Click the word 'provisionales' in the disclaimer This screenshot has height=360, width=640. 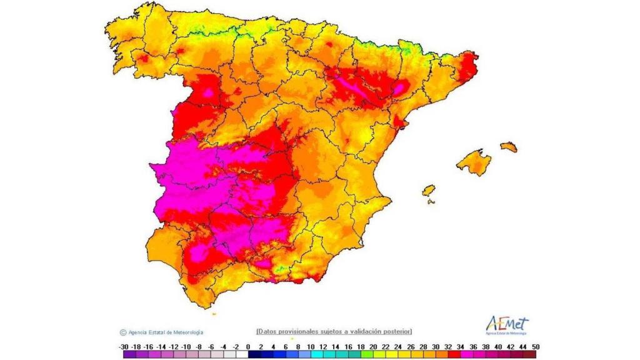[296, 331]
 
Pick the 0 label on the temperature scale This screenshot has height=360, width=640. [248, 346]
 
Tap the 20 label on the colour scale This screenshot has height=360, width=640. [373, 346]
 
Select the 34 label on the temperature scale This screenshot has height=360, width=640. [461, 346]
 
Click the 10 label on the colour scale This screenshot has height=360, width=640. [311, 346]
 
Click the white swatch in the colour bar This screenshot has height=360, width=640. [242, 354]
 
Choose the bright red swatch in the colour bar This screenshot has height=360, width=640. [454, 354]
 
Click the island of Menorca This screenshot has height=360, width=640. [509, 147]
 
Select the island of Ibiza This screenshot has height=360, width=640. [428, 190]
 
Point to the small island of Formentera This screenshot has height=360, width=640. [431, 201]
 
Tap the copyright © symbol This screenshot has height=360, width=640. [123, 332]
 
